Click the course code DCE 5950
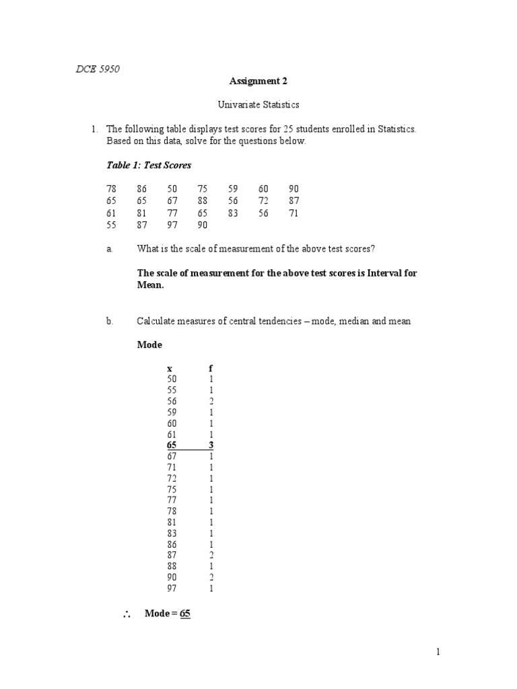[x=98, y=69]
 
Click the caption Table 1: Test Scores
[x=149, y=165]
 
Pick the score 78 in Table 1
[x=112, y=189]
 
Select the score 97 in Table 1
[x=172, y=225]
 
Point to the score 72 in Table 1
[x=263, y=201]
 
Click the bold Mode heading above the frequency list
[x=149, y=344]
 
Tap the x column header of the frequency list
[x=170, y=368]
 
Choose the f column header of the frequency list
[x=211, y=368]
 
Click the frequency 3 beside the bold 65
[x=211, y=445]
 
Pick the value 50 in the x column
[x=172, y=379]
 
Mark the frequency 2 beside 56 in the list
[x=211, y=401]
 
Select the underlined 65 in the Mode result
[x=186, y=614]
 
